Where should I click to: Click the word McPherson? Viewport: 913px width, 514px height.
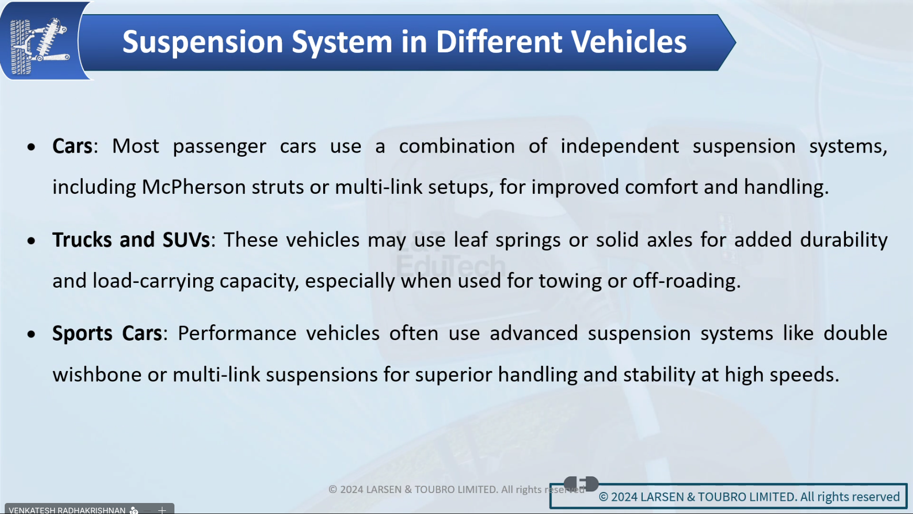coord(194,187)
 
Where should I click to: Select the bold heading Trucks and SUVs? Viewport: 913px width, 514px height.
coord(131,240)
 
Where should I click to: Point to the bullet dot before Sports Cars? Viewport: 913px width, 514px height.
coord(31,334)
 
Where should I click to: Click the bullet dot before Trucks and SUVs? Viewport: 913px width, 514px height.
coord(31,240)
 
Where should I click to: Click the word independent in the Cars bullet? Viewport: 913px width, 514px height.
coord(620,146)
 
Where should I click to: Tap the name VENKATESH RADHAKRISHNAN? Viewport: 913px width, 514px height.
coord(67,510)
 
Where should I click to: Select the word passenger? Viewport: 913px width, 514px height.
coord(219,147)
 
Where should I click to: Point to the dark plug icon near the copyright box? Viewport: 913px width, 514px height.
coord(581,484)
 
